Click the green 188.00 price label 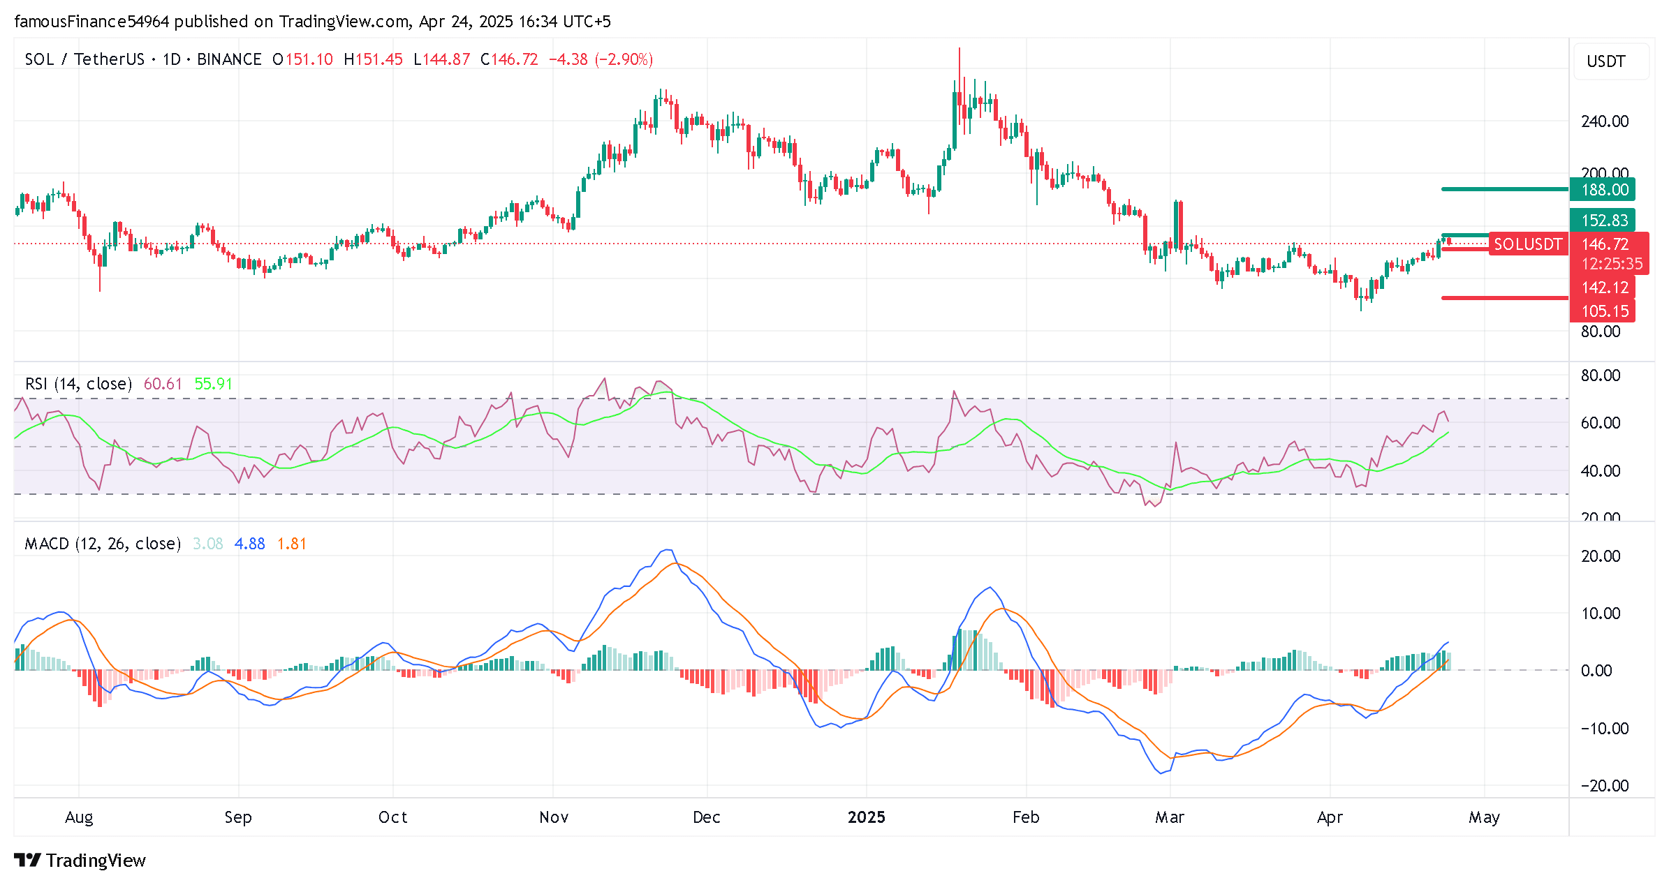1604,190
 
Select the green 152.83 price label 1604,221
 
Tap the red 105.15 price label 1604,311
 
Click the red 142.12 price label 1604,288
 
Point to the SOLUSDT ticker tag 1527,244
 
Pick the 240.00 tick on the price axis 1604,121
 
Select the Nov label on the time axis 554,817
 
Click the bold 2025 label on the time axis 866,817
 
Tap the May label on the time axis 1483,817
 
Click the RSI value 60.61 163,384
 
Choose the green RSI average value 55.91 213,384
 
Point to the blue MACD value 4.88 249,544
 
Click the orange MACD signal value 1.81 292,544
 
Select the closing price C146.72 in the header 509,59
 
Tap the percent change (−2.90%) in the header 624,59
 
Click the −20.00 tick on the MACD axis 1604,786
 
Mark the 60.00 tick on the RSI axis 1601,423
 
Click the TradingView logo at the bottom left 80,861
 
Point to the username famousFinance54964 91,22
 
